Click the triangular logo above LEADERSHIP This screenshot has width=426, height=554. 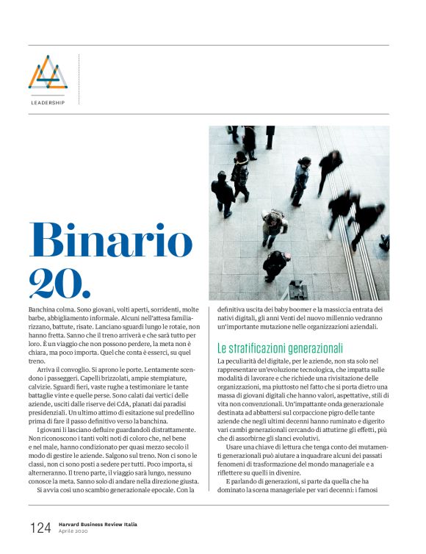48,73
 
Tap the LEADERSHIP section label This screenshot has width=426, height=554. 48,103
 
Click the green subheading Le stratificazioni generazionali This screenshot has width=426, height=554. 281,348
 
